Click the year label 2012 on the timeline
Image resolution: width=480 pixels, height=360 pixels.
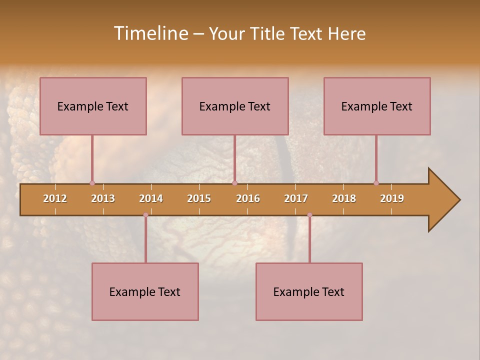[55, 198]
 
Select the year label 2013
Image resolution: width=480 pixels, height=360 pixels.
[103, 198]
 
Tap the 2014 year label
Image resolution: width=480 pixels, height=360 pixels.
[151, 198]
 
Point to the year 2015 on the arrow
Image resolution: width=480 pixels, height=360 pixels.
[199, 198]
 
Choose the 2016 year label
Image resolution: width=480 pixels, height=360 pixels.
[248, 198]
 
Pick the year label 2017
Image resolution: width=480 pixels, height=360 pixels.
[296, 198]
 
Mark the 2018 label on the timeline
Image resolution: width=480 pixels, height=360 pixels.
[344, 198]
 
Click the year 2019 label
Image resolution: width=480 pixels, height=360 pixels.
[392, 198]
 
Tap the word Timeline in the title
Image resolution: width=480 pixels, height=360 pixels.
[150, 33]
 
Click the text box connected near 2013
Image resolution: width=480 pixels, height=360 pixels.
[93, 106]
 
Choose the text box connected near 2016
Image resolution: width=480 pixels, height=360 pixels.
[235, 106]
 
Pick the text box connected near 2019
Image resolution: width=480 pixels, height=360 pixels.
[377, 106]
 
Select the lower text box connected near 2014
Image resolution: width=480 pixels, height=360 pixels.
[145, 291]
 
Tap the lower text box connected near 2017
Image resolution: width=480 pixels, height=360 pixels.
[309, 291]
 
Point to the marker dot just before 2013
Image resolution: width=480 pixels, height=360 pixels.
[92, 183]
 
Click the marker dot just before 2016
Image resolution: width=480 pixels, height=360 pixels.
[234, 183]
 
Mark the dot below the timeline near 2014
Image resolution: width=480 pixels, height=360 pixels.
[145, 215]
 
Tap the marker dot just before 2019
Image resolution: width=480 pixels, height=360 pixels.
[376, 183]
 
